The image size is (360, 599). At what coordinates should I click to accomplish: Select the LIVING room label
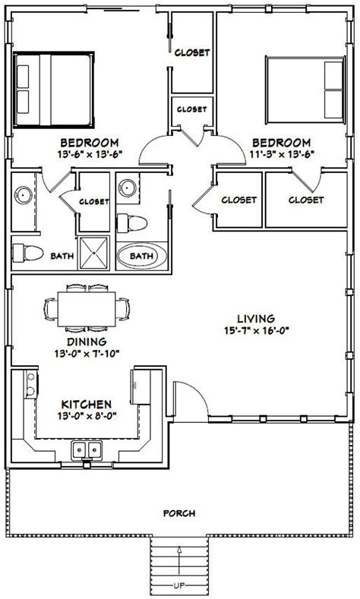tap(254, 318)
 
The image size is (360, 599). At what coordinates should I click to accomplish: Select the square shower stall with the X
tap(96, 251)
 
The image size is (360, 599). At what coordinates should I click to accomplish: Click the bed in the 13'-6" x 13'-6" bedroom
tap(54, 90)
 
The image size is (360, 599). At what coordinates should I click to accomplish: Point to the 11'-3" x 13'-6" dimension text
tap(281, 153)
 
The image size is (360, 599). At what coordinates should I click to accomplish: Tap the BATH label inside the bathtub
tap(141, 256)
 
